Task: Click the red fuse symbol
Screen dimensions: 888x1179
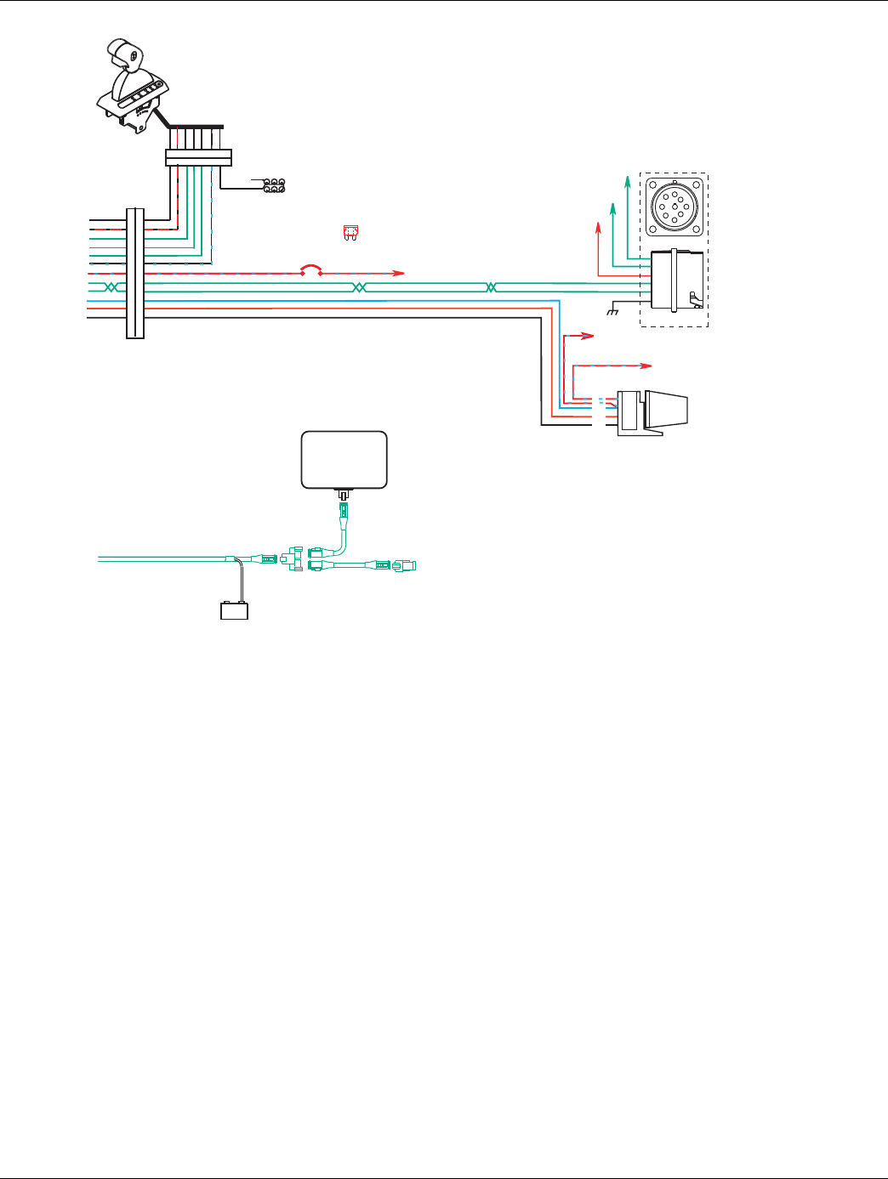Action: click(x=348, y=232)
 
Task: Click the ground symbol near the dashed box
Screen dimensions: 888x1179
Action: click(x=611, y=313)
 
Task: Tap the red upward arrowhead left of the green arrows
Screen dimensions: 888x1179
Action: click(x=598, y=227)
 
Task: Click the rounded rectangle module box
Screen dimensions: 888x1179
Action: click(x=344, y=460)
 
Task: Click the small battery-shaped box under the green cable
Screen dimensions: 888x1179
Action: click(x=234, y=610)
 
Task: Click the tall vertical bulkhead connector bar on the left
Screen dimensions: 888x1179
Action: click(x=135, y=272)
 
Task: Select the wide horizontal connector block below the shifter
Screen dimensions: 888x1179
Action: click(x=198, y=158)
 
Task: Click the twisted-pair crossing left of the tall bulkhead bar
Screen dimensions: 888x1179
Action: click(x=109, y=287)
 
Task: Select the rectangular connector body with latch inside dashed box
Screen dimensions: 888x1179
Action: click(x=677, y=279)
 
